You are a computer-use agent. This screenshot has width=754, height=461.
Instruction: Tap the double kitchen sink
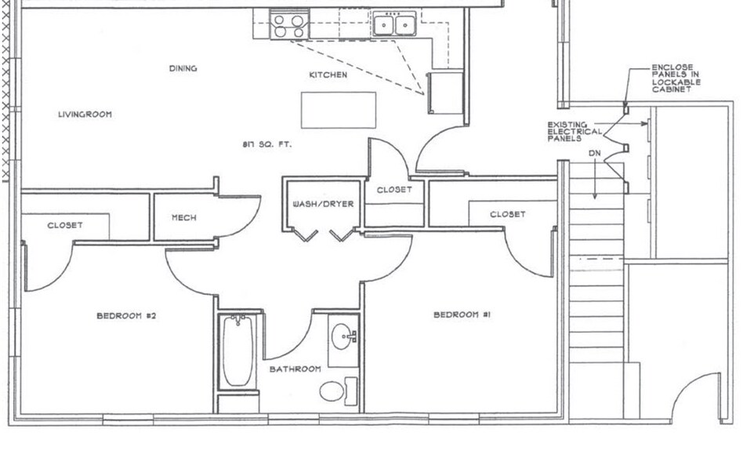click(394, 24)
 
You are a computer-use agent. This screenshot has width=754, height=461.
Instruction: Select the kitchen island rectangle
click(339, 110)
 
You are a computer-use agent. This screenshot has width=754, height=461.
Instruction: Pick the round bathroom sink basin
click(343, 338)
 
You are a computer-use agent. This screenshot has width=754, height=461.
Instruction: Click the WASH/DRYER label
click(323, 204)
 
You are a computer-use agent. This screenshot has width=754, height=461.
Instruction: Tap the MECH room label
click(183, 217)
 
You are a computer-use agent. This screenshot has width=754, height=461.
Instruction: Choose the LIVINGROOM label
click(85, 114)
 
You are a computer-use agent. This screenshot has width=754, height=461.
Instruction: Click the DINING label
click(183, 68)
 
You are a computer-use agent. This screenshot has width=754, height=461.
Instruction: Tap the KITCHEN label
click(328, 75)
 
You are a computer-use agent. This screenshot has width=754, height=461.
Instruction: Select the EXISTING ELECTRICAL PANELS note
click(575, 132)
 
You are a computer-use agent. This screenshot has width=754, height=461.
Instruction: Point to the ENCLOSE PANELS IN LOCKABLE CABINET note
click(676, 78)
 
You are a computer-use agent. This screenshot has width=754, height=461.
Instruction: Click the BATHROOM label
click(295, 368)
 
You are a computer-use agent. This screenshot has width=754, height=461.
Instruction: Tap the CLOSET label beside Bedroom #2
click(64, 225)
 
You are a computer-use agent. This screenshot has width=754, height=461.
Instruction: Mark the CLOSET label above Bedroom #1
click(507, 214)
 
